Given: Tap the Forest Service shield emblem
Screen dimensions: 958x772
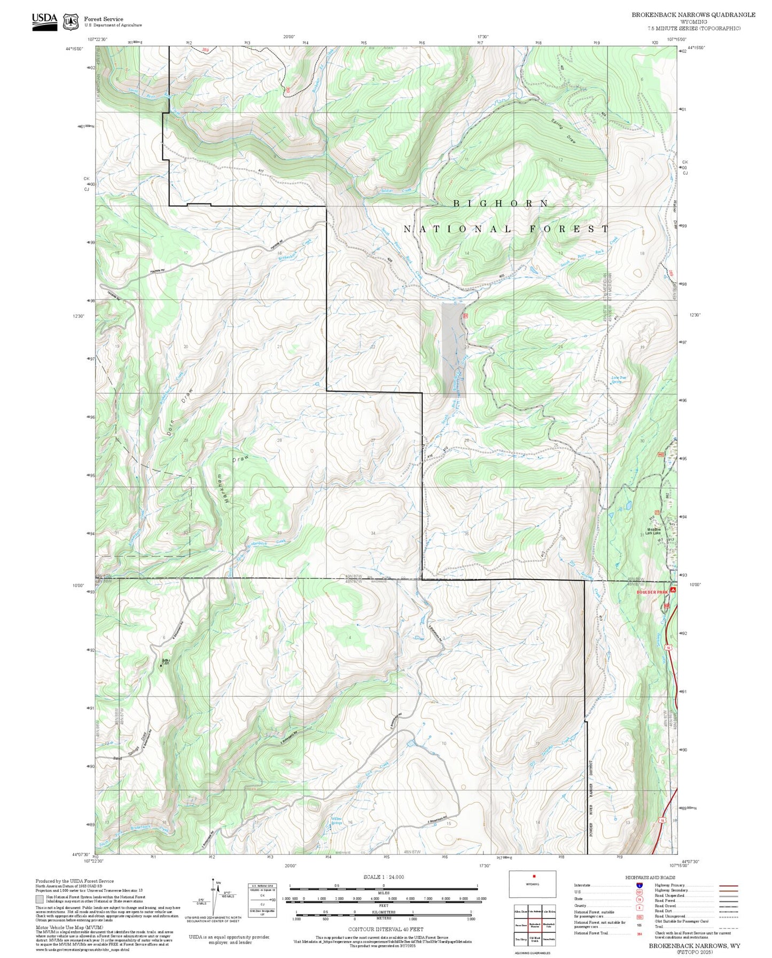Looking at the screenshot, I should point(71,22).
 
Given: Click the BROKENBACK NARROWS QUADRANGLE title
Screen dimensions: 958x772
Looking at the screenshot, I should point(693,15).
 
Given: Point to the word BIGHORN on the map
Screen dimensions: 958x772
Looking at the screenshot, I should point(501,203).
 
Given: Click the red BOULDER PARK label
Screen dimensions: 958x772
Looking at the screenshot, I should point(652,592).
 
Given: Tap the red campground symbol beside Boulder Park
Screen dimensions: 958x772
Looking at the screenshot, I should point(673,590).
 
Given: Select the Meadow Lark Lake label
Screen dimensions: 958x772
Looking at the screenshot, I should point(652,531).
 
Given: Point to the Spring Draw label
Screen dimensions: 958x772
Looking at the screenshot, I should point(564,130).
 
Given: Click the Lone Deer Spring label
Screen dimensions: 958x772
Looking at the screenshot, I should point(619,380).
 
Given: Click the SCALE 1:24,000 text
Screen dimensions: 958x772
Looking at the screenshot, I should point(384,877).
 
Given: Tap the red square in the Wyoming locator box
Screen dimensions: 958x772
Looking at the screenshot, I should point(533,876).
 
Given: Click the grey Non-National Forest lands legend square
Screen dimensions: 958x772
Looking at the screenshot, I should point(40,899).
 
